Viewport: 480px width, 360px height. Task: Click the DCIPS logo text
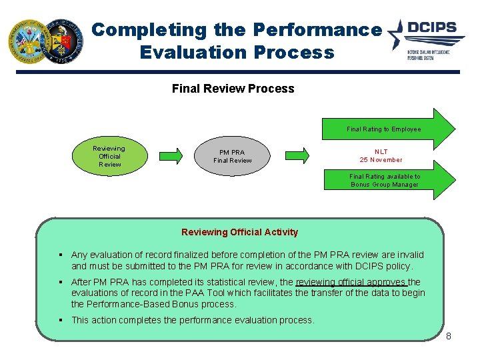click(x=432, y=28)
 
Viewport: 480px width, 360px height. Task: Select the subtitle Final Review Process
click(x=233, y=89)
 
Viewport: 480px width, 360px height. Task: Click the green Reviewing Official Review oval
click(x=109, y=157)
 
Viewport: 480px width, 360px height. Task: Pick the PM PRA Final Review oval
click(x=232, y=156)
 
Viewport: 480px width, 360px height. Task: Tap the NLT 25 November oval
click(x=381, y=156)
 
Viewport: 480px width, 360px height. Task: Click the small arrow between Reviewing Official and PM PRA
click(x=171, y=156)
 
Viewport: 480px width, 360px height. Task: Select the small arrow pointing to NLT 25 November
click(x=297, y=156)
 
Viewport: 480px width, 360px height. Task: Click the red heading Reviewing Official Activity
click(x=239, y=232)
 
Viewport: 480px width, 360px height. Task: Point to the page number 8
click(x=449, y=336)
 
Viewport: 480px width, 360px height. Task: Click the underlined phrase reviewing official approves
click(x=351, y=282)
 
